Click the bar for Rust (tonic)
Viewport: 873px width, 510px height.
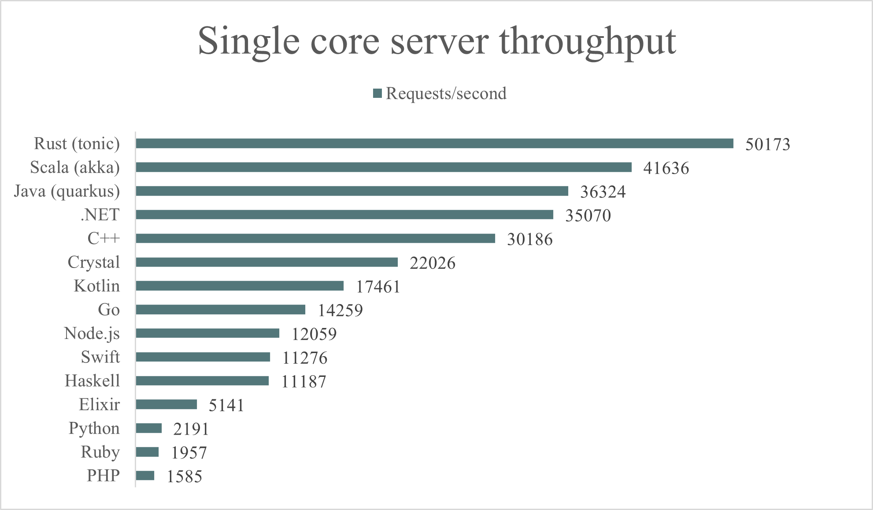click(x=434, y=144)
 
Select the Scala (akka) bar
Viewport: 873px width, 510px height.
click(x=383, y=168)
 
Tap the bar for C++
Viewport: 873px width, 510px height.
click(x=315, y=238)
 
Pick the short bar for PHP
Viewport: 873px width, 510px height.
click(x=145, y=476)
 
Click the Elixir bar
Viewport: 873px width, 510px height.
click(x=166, y=405)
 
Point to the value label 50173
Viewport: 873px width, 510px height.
click(x=767, y=145)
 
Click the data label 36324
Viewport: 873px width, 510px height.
click(x=603, y=192)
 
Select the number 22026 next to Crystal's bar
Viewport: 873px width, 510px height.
click(x=432, y=263)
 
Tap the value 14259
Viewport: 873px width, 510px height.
click(x=340, y=311)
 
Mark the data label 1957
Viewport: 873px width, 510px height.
click(x=189, y=453)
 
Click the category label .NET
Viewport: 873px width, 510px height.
click(x=100, y=215)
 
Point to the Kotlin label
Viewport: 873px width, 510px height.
click(x=97, y=286)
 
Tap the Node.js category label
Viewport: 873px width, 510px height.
click(x=92, y=334)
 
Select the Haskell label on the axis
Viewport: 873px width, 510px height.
click(x=92, y=381)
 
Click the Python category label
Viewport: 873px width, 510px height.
click(x=94, y=428)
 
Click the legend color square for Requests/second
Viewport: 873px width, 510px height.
click(x=377, y=93)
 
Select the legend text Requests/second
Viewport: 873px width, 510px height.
click(x=446, y=93)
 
